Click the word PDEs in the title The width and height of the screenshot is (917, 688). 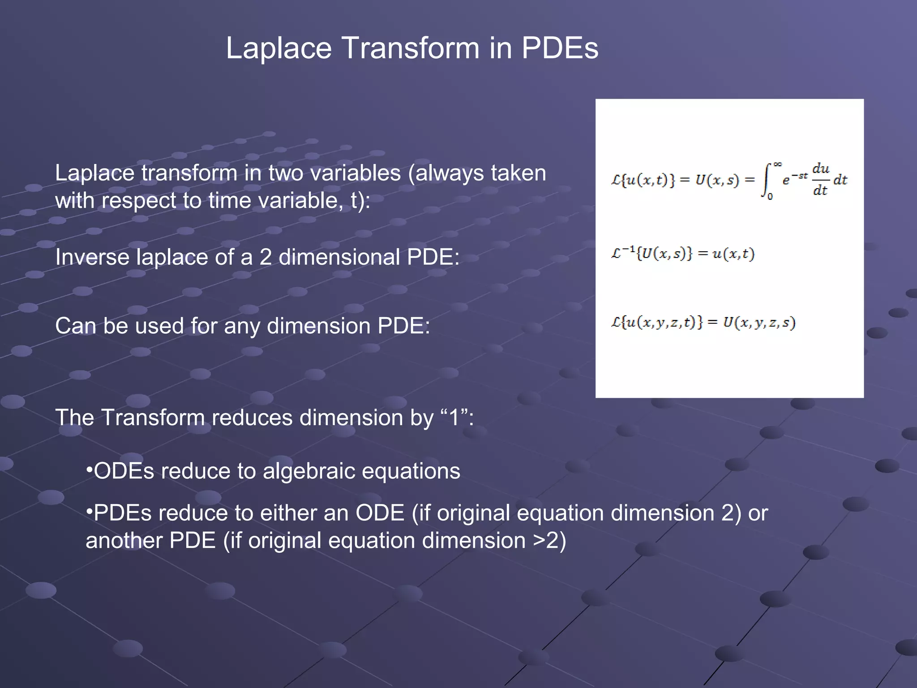click(x=560, y=48)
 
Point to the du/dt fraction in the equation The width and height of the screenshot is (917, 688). click(x=821, y=180)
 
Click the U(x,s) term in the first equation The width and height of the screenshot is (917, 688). click(x=717, y=181)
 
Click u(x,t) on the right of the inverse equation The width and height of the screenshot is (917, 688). click(x=733, y=254)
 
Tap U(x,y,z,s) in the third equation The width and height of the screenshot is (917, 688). click(x=759, y=322)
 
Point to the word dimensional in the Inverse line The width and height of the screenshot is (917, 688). click(x=339, y=257)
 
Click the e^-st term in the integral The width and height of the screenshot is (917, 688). click(x=795, y=179)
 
